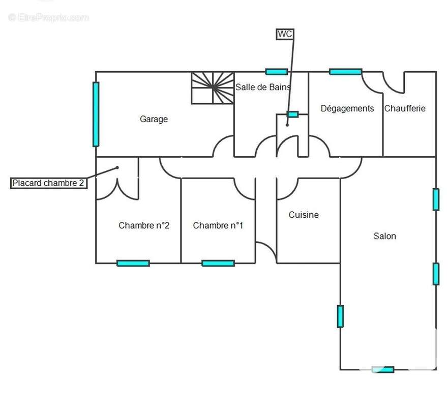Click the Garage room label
(154, 119)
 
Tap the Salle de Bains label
(263, 87)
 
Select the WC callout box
(285, 34)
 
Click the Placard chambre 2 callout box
(49, 183)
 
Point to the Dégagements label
(347, 108)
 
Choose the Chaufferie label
(405, 108)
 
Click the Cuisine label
(304, 215)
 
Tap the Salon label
(384, 236)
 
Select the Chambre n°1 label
(218, 225)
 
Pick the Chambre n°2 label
(144, 225)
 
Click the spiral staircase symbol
(213, 88)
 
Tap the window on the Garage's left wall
(96, 114)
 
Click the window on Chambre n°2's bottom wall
(133, 263)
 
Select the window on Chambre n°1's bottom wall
(218, 263)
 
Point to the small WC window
(292, 114)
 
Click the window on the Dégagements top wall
(345, 72)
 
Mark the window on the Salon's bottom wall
(383, 369)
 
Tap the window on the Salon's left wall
(340, 316)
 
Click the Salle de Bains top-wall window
(277, 72)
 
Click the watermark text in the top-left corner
(49, 18)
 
